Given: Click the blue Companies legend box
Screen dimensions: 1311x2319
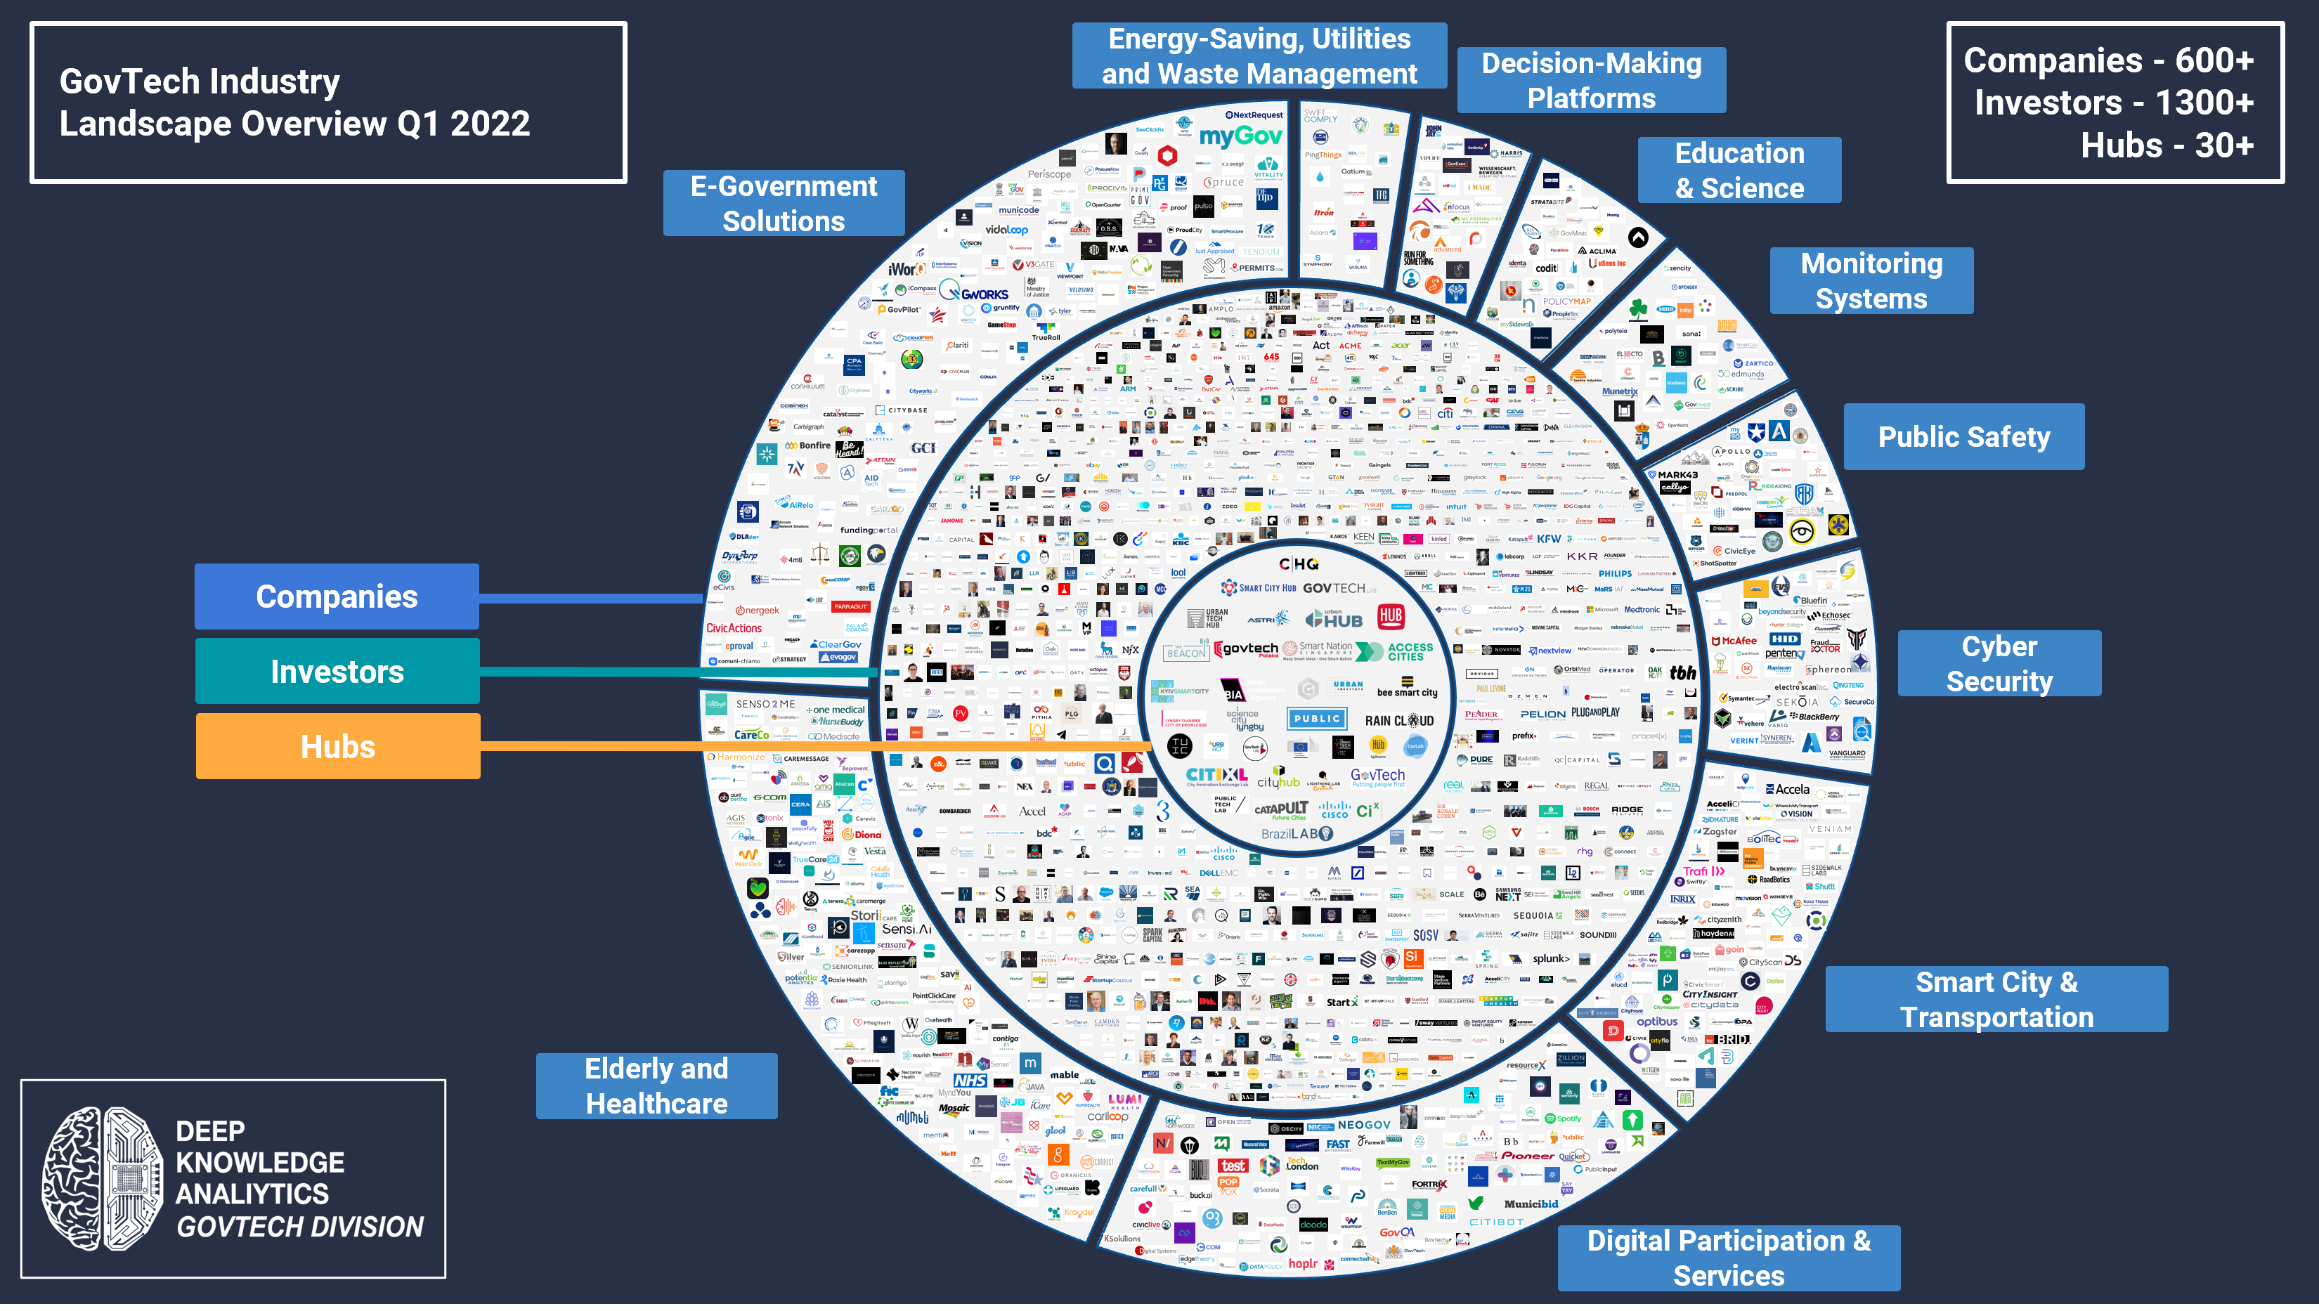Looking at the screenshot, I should point(337,596).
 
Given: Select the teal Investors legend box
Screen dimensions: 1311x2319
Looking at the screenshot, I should point(337,671).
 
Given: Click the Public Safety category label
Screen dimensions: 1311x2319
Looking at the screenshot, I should point(1963,437).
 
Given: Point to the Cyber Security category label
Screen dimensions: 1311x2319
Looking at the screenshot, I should point(1999,664).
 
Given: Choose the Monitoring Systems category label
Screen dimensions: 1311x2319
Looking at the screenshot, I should point(1871,281).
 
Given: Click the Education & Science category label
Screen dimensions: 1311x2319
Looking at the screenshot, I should point(1739,170).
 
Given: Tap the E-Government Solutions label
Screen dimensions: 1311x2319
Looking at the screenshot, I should point(784,204).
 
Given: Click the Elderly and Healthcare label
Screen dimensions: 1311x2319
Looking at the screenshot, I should point(656,1086).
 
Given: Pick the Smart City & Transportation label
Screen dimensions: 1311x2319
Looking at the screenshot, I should point(1996,1000).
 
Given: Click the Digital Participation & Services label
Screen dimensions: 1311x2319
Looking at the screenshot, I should point(1728,1258).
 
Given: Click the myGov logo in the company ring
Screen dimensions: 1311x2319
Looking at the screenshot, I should point(1240,136).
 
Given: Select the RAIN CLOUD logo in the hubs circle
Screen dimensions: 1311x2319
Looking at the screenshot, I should point(1398,720).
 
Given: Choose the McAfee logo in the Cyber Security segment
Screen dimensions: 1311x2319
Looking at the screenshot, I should point(1734,641).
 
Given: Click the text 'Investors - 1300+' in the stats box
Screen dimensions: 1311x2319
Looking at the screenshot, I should point(2113,103).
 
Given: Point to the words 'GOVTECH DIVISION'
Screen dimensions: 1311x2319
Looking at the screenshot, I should point(300,1227).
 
